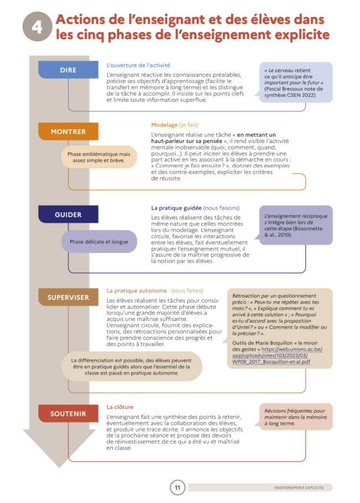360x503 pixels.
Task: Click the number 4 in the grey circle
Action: (37, 27)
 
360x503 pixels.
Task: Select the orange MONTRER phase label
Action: (68, 132)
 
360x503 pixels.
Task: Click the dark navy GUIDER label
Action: (68, 214)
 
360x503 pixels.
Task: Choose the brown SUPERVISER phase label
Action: (68, 297)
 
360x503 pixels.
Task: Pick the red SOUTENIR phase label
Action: (68, 413)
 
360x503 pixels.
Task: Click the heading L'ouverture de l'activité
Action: (138, 65)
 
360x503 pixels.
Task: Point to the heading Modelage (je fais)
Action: (174, 125)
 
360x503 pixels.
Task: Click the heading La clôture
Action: (120, 407)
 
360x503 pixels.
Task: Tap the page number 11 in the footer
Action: (177, 488)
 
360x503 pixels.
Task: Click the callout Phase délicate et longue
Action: (99, 242)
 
